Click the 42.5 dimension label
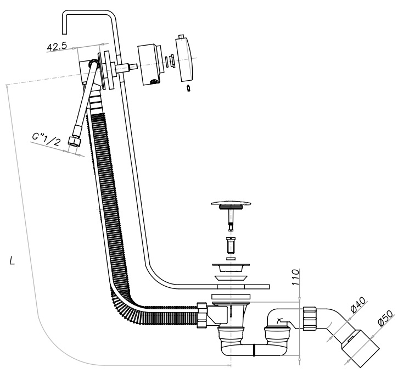(57, 47)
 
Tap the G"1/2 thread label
(47, 140)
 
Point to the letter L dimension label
(12, 260)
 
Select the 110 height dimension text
(295, 277)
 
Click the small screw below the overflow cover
(189, 88)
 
